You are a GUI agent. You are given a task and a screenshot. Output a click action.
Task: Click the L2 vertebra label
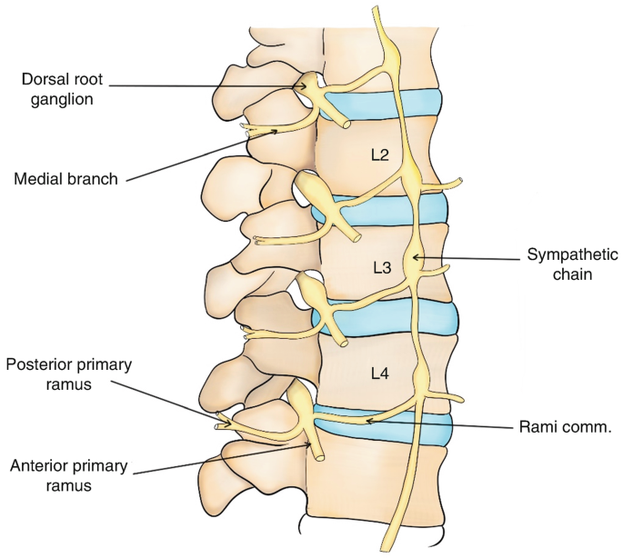pos(380,155)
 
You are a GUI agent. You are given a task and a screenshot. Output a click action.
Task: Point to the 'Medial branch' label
pos(66,179)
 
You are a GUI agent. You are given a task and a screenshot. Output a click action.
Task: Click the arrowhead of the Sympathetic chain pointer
pos(413,259)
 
